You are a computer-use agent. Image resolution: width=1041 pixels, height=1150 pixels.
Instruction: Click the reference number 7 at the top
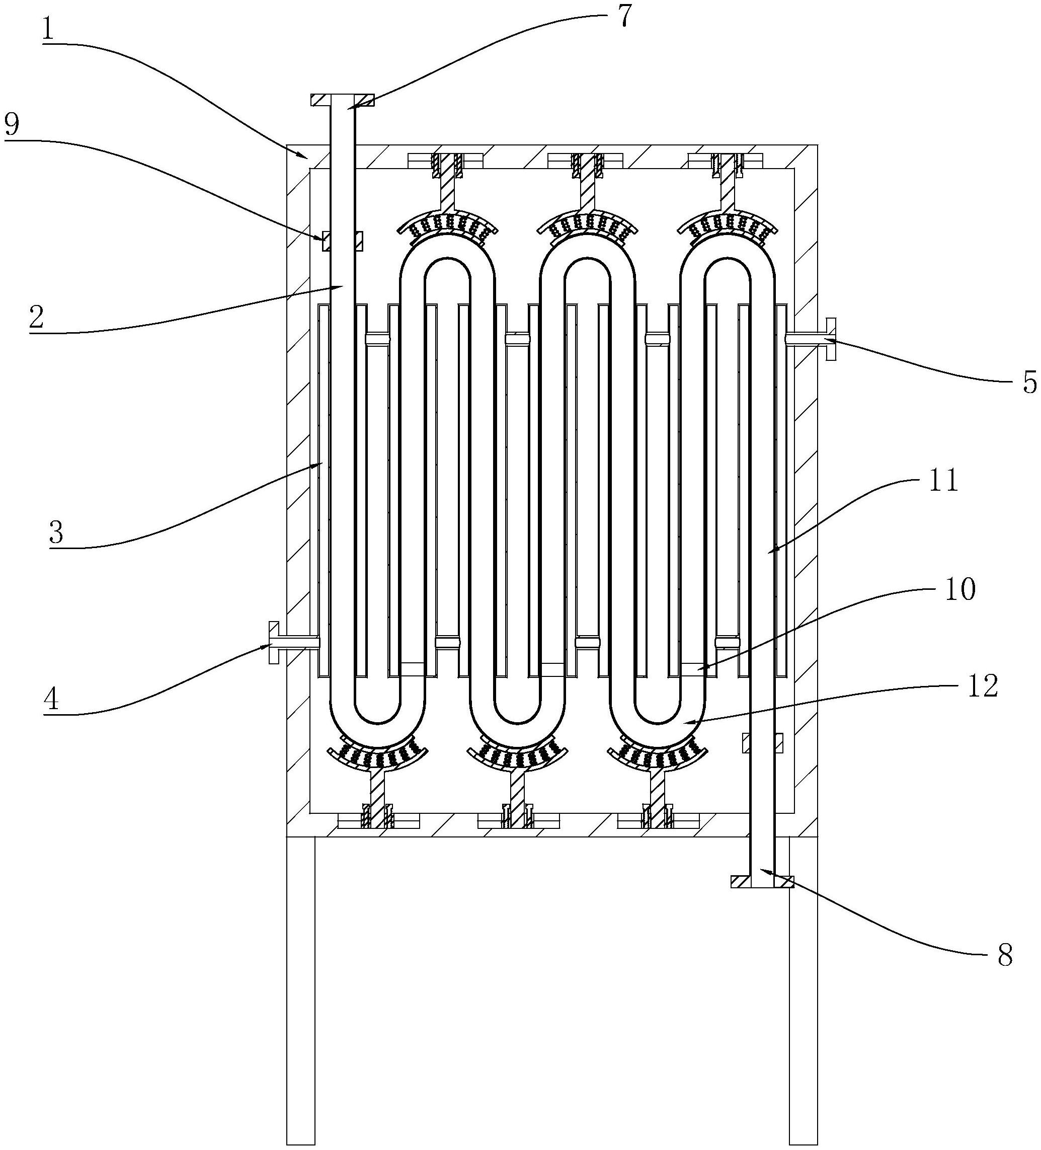click(x=625, y=17)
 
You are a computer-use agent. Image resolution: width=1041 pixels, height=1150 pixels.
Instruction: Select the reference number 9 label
click(x=13, y=125)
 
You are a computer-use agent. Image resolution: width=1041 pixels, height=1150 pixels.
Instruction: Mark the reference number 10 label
click(x=960, y=589)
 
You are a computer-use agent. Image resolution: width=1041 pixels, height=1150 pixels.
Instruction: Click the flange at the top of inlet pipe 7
click(x=342, y=100)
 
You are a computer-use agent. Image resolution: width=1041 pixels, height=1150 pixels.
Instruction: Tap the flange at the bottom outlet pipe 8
click(x=761, y=881)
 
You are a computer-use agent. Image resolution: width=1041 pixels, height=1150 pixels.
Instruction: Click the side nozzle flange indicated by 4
click(x=273, y=642)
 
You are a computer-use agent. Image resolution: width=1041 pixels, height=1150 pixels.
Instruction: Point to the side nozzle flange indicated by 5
click(x=831, y=338)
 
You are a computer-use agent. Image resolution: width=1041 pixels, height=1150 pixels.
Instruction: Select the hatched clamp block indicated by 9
click(x=342, y=241)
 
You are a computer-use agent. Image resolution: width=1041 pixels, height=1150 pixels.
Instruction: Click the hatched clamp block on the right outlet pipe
click(x=762, y=743)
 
